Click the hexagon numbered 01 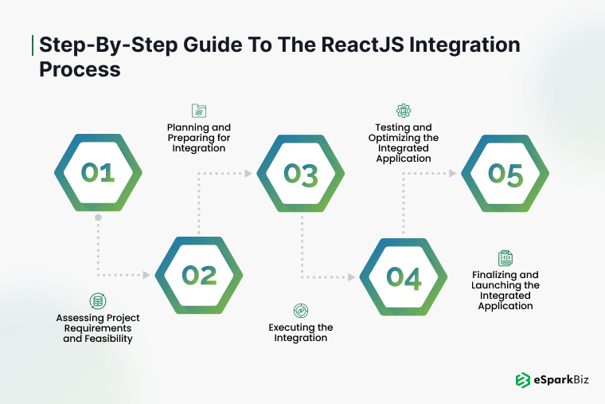(98, 173)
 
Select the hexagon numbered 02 (199, 275)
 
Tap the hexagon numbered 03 (300, 173)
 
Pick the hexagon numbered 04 (404, 276)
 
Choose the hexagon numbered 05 (505, 173)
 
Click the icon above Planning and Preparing (198, 111)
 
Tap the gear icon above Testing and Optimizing (404, 111)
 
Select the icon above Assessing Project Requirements (98, 300)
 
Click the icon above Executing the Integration (301, 310)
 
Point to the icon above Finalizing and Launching (505, 257)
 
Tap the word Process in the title (80, 69)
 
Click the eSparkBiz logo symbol (523, 380)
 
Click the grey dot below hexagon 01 (98, 218)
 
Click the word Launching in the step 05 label (505, 284)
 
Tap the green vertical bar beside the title (33, 45)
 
